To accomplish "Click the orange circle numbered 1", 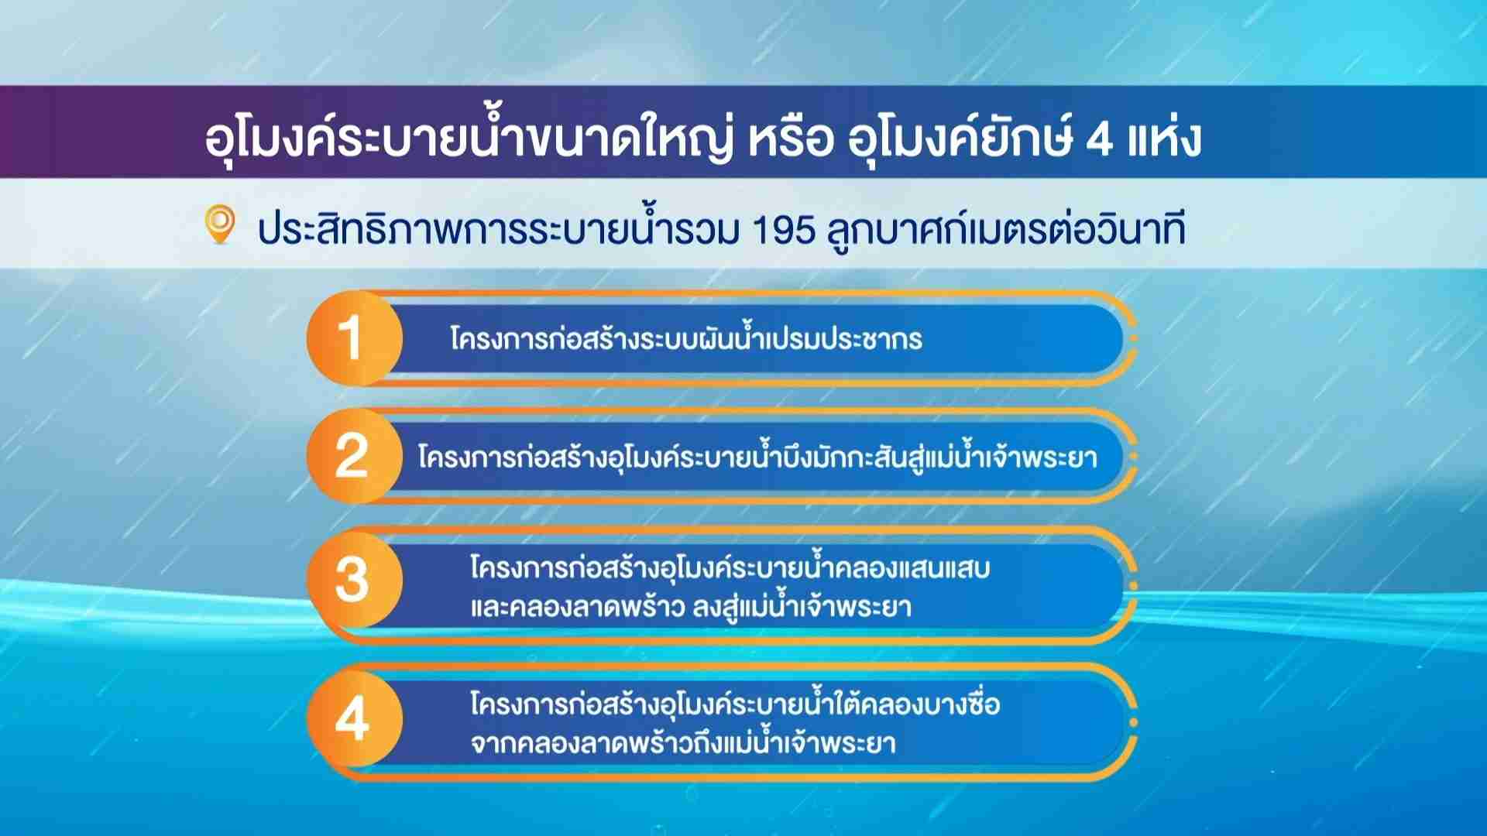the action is [355, 338].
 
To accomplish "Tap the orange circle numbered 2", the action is [355, 456].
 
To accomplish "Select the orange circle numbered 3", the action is [355, 580].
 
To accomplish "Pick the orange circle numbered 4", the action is [355, 718].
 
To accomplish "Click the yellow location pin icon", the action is [220, 224].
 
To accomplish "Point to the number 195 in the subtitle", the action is [784, 230].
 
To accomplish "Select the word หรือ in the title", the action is [791, 138].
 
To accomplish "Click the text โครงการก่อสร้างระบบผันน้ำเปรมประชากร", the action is [686, 338].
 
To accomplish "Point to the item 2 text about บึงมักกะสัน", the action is [757, 456].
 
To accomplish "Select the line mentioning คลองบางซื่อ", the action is [735, 703].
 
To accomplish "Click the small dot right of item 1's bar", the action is [1134, 339].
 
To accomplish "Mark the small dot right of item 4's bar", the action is [1134, 723].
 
